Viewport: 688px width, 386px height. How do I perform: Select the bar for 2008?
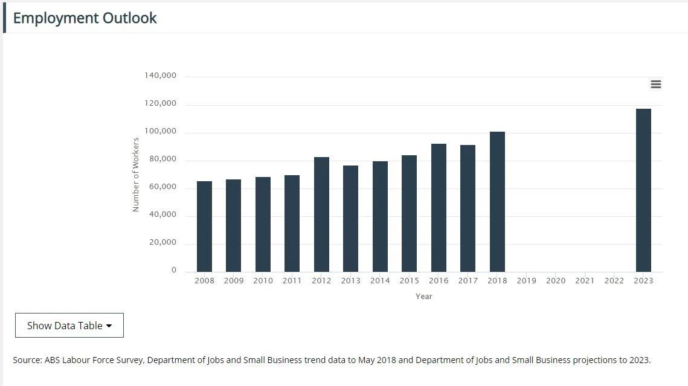pyautogui.click(x=204, y=227)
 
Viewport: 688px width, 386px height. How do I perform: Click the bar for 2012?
pyautogui.click(x=321, y=214)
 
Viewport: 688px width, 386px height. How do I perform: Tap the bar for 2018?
pyautogui.click(x=497, y=202)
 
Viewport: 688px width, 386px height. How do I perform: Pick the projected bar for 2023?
pyautogui.click(x=643, y=190)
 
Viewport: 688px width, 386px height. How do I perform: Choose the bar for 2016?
pyautogui.click(x=439, y=208)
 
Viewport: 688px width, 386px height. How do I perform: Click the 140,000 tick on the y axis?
pyautogui.click(x=160, y=76)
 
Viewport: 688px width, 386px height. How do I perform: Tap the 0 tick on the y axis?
pyautogui.click(x=174, y=270)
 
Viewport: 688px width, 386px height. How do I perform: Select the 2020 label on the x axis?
pyautogui.click(x=556, y=281)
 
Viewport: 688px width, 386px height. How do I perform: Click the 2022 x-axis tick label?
pyautogui.click(x=614, y=281)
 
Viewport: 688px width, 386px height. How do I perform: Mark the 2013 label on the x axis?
pyautogui.click(x=350, y=281)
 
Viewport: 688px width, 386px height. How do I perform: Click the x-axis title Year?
pyautogui.click(x=423, y=297)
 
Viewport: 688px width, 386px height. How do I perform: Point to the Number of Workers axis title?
pyautogui.click(x=136, y=175)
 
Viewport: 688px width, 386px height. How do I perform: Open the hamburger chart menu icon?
pyautogui.click(x=656, y=85)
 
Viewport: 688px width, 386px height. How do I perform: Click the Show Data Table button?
pyautogui.click(x=69, y=326)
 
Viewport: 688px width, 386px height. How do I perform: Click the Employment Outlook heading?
pyautogui.click(x=85, y=18)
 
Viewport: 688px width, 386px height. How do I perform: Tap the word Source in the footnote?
pyautogui.click(x=27, y=360)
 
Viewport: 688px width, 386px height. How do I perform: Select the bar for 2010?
pyautogui.click(x=263, y=224)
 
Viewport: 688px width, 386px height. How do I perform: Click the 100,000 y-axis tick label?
pyautogui.click(x=160, y=131)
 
